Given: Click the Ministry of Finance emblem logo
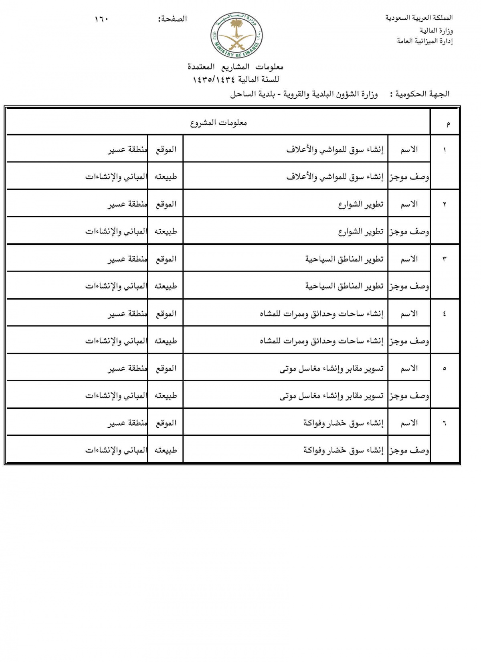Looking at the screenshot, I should [x=236, y=35].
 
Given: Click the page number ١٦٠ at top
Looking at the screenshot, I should [x=102, y=19].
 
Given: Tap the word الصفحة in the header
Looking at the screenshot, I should [x=173, y=19].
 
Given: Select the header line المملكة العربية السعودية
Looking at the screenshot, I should [x=419, y=18].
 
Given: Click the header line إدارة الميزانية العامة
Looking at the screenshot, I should [x=425, y=41].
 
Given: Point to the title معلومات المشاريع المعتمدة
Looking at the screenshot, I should [x=236, y=67].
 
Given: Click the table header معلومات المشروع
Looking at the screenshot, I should [x=218, y=123].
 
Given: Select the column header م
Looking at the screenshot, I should [x=448, y=124].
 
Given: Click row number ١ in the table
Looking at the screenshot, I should [x=445, y=150].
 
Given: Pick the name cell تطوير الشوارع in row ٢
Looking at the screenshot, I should [x=361, y=204].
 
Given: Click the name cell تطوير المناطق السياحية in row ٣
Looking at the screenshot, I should [x=344, y=259].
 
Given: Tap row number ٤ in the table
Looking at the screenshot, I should [x=445, y=314].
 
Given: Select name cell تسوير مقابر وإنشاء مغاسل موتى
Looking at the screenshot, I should [x=331, y=368].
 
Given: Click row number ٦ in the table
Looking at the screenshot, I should [x=445, y=423].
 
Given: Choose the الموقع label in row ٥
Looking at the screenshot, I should [x=166, y=368].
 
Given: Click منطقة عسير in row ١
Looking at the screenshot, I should [x=127, y=150].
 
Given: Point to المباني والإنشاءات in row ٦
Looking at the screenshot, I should [x=116, y=450].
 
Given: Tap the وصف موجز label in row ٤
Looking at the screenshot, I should [x=409, y=341].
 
